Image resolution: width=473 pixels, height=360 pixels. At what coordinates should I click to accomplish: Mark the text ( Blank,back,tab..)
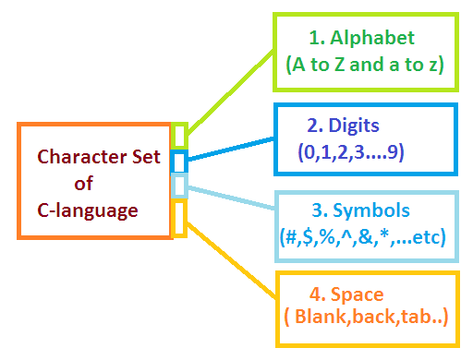pyautogui.click(x=366, y=318)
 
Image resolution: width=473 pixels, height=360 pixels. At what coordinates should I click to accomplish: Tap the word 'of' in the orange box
pyautogui.click(x=84, y=184)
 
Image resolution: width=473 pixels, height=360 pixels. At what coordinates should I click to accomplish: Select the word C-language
pyautogui.click(x=82, y=210)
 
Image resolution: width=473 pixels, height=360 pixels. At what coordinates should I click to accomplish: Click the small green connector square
pyautogui.click(x=180, y=136)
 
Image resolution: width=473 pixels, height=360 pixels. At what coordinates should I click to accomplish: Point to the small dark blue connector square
pyautogui.click(x=180, y=162)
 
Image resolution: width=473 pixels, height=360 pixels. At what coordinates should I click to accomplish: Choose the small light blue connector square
pyautogui.click(x=180, y=187)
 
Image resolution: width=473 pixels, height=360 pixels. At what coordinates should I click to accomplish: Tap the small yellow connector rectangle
pyautogui.click(x=180, y=218)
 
